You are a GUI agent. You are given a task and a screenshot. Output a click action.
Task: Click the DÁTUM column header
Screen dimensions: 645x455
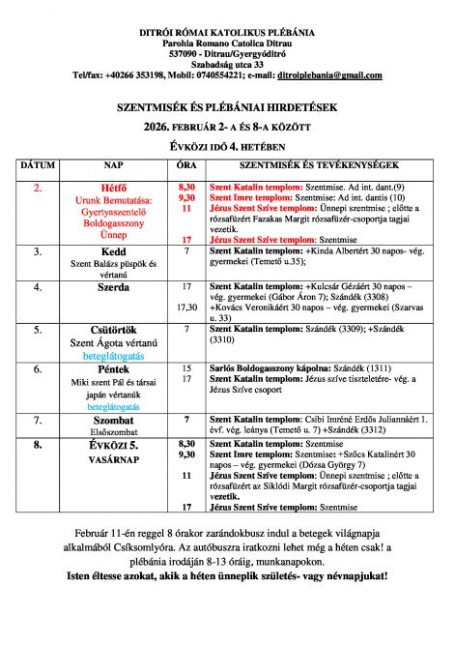(x=37, y=166)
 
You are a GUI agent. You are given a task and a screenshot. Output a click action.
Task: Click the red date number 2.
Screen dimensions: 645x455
(x=37, y=185)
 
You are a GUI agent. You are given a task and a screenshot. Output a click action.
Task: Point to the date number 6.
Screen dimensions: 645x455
(x=37, y=368)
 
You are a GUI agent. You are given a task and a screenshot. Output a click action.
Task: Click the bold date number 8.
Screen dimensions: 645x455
(x=37, y=446)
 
